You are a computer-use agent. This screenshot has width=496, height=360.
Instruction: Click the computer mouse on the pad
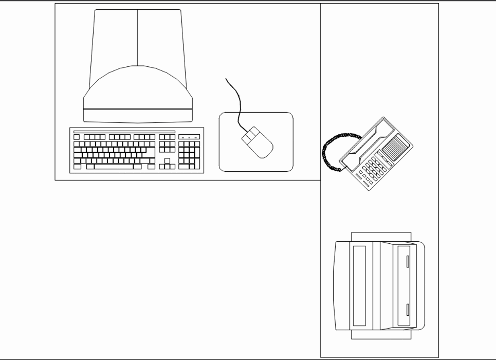tap(258, 142)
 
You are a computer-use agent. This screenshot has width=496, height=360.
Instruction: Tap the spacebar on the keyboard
tap(114, 167)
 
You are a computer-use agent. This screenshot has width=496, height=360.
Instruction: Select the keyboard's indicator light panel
tap(189, 137)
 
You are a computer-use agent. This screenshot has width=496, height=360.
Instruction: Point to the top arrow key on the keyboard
tap(167, 161)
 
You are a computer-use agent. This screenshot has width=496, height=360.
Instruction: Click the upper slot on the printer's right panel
tap(408, 260)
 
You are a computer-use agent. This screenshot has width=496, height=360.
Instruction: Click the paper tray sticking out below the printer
tap(381, 334)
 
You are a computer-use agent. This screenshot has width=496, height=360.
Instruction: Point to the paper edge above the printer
tap(381, 236)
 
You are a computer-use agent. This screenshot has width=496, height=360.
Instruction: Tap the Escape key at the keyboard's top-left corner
tap(77, 137)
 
